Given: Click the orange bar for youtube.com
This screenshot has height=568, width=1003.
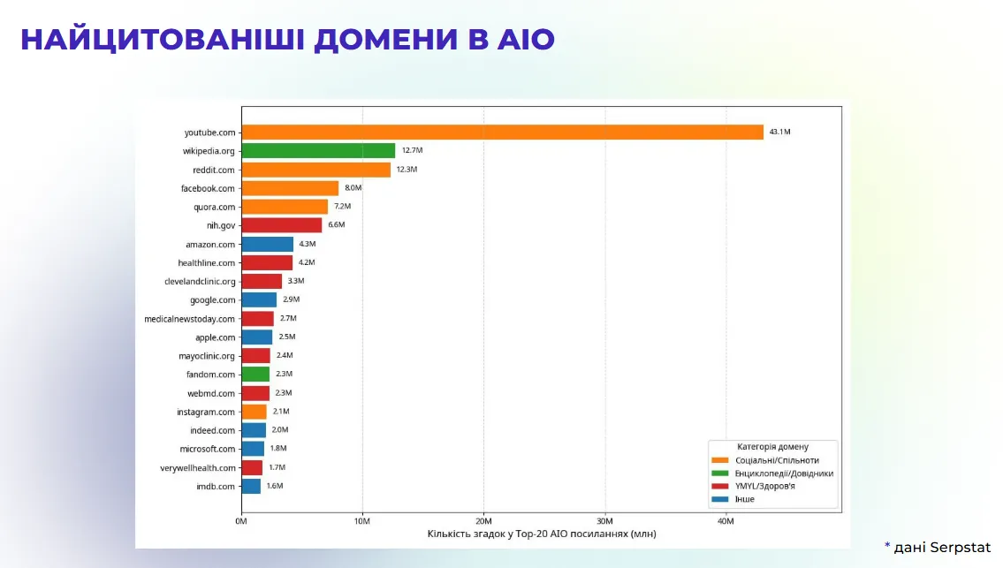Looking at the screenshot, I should coord(502,133).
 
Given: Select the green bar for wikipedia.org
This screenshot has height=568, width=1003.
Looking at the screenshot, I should coord(318,151).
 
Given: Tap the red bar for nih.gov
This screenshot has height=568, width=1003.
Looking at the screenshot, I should coord(282,225).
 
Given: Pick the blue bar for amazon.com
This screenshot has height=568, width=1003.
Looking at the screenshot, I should coord(267,244).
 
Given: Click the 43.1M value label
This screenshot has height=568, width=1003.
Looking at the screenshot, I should coord(779,133).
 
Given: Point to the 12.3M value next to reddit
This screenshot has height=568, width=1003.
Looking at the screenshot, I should coord(407,170).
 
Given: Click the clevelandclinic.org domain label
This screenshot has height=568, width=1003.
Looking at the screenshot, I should coord(201,282).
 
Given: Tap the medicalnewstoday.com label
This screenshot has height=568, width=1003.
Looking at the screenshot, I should coord(190,319).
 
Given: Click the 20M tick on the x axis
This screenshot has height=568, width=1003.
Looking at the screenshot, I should coord(483,521).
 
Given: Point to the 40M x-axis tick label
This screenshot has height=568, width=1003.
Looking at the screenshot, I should coord(726,521).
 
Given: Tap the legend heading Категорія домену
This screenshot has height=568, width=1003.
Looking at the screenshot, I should coord(772,447).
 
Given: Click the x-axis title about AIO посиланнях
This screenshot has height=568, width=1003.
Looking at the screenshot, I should coord(542,534).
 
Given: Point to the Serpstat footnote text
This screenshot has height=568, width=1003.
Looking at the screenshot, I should coord(942,547).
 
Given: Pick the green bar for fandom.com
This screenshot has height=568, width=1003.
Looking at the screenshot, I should coord(255,375).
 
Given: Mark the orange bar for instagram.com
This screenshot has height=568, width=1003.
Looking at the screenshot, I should coord(254,412).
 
